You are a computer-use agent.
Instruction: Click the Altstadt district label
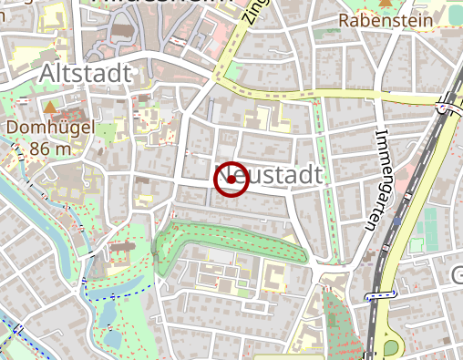87,73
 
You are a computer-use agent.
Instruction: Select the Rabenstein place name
382,19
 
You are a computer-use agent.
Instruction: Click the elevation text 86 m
50,148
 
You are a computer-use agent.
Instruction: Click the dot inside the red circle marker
232,180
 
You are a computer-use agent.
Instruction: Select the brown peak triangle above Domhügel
50,108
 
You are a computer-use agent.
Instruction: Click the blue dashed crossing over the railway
381,296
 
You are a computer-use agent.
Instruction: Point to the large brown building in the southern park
125,246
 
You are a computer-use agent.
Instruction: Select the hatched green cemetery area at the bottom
342,328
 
